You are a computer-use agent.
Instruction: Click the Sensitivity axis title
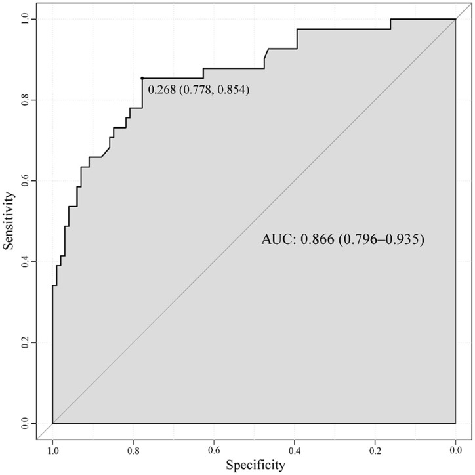(9, 220)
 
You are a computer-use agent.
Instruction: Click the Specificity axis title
(255, 465)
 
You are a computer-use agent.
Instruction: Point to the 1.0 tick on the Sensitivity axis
(26, 19)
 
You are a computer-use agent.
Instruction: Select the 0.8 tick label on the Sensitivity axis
(26, 100)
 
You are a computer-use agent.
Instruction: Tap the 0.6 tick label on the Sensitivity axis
(26, 181)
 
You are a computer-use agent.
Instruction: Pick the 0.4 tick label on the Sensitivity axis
(26, 261)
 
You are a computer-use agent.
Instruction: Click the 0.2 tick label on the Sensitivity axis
(26, 342)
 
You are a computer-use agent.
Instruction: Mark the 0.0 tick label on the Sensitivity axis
(26, 423)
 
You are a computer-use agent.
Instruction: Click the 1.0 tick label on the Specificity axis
(52, 450)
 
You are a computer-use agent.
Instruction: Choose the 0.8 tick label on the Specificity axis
(133, 450)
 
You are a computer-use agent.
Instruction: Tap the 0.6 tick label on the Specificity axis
(214, 450)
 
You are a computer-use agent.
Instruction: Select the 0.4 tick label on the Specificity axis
(295, 450)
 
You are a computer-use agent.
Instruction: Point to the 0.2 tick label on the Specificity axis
(375, 450)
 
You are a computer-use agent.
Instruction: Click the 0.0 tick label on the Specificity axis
(455, 450)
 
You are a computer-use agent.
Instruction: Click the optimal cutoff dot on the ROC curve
(142, 78)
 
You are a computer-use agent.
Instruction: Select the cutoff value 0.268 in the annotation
(162, 90)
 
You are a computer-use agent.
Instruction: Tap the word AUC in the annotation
(277, 239)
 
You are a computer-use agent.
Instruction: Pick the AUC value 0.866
(317, 239)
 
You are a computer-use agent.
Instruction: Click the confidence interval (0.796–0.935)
(381, 239)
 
